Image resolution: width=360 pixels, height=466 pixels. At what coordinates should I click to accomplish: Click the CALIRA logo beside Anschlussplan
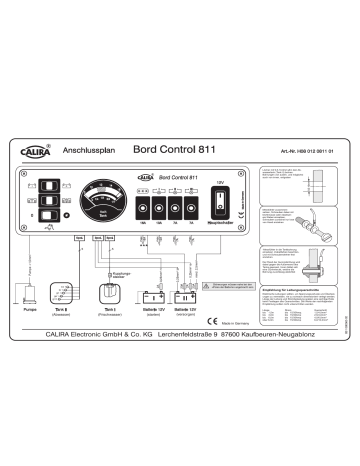point(38,153)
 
